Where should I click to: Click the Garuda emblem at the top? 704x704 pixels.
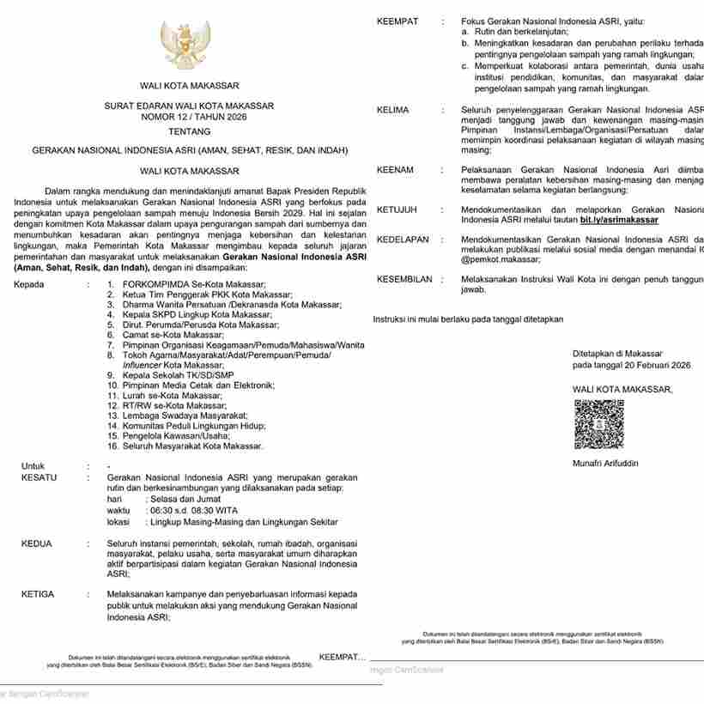click(x=185, y=46)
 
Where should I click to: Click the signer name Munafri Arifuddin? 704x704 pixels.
click(x=605, y=464)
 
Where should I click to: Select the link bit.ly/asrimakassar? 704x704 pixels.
click(x=619, y=220)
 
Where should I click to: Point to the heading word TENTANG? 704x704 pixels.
click(x=190, y=133)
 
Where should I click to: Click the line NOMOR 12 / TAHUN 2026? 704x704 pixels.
click(x=190, y=117)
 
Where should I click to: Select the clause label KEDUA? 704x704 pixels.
click(x=36, y=543)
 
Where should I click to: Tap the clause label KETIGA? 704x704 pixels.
click(x=38, y=594)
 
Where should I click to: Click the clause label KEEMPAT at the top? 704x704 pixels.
click(x=398, y=21)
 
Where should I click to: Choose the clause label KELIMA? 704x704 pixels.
click(x=392, y=110)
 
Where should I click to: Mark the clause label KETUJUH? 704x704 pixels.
click(x=397, y=209)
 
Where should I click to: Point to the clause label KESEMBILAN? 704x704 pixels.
click(x=404, y=279)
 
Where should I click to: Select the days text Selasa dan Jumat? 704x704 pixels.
click(x=184, y=499)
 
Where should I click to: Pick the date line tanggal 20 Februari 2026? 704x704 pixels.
click(x=631, y=365)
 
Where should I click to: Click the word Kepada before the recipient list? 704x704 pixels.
click(x=29, y=284)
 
